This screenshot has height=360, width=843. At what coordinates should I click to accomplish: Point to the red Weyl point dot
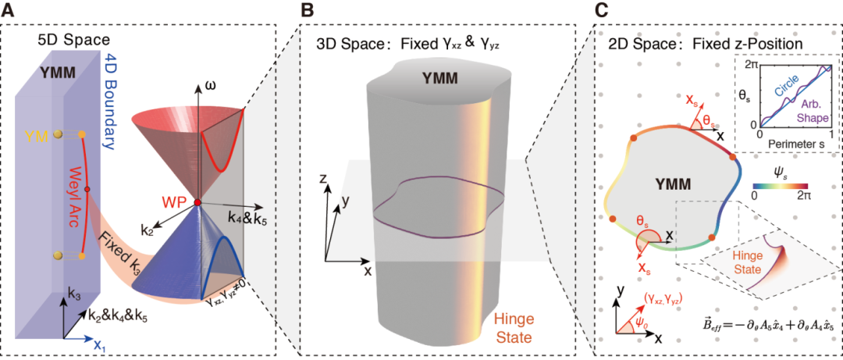pos(197,203)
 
